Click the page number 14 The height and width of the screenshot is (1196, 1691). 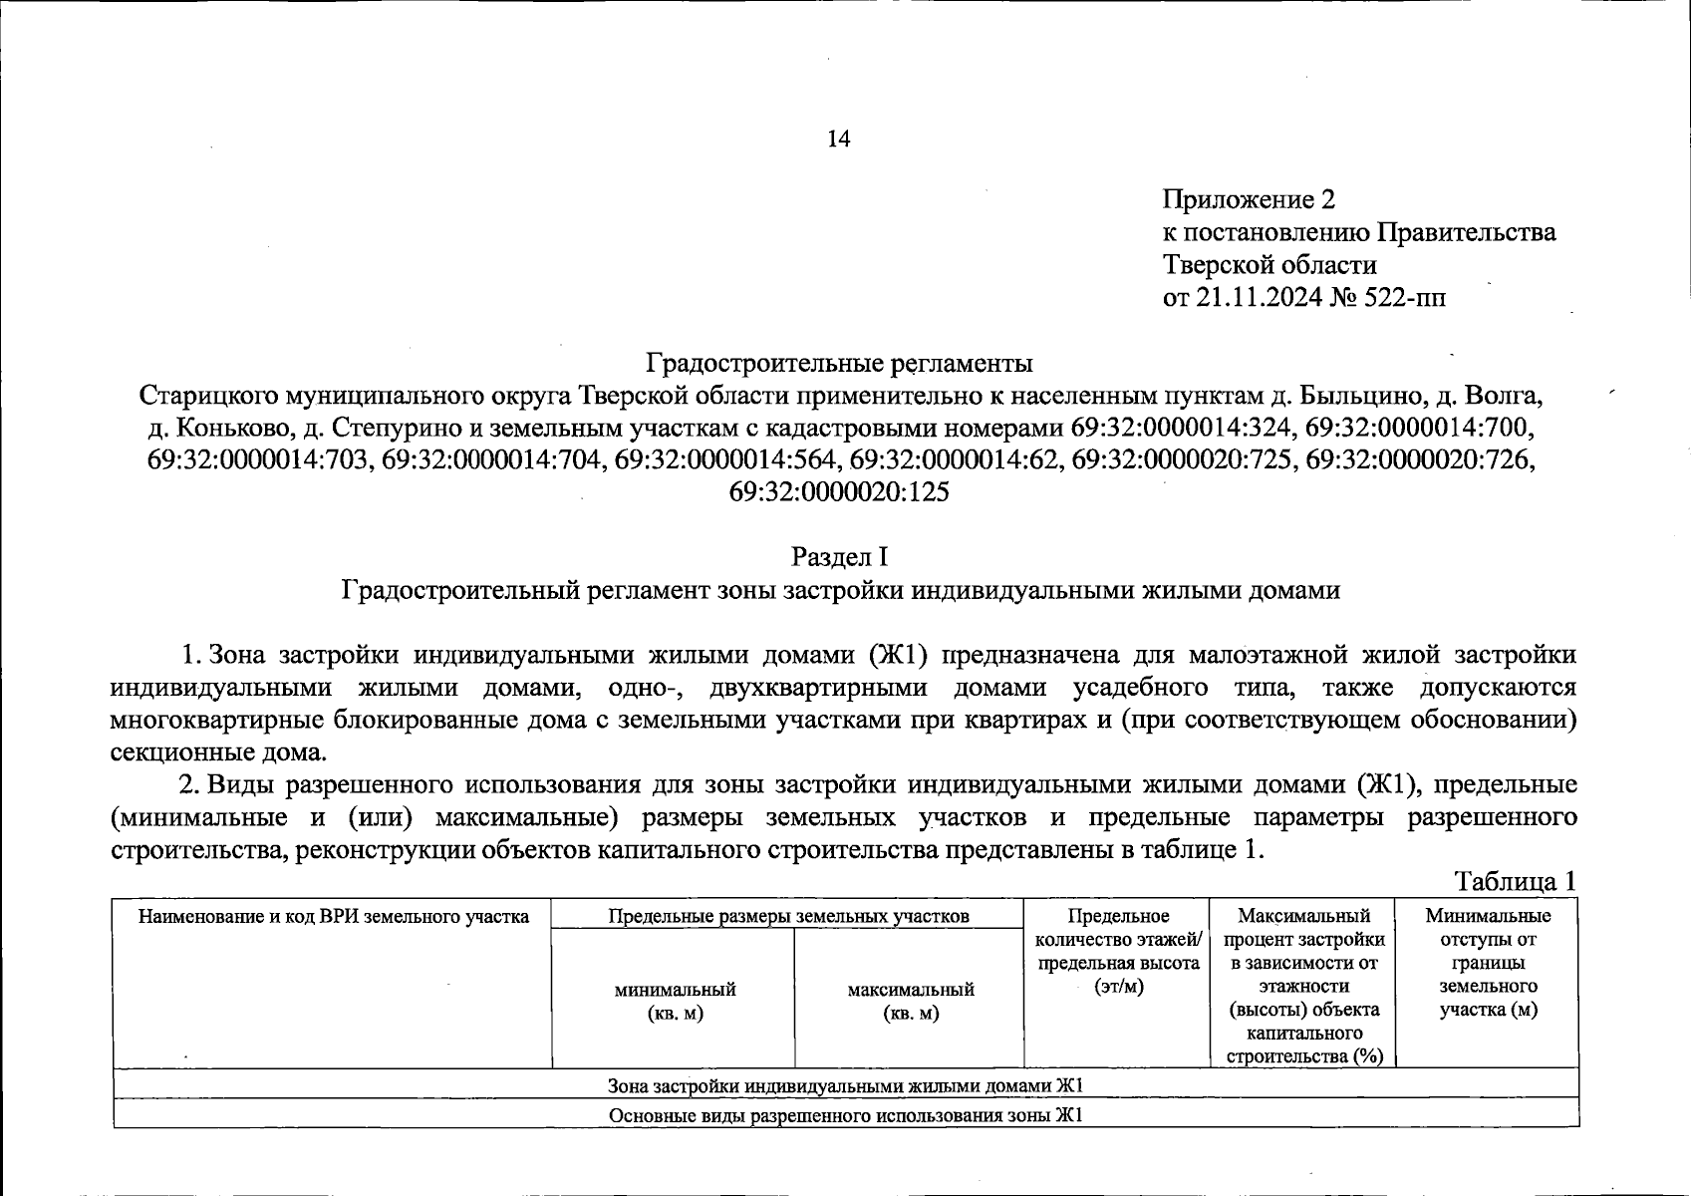(839, 140)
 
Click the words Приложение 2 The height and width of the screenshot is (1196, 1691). (1249, 200)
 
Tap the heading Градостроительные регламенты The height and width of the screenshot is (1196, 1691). (840, 362)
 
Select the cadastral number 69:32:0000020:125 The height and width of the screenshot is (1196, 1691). (839, 492)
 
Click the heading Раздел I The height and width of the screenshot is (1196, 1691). (839, 556)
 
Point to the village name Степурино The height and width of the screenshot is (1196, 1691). (390, 428)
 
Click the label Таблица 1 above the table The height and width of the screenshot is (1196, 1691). (1516, 881)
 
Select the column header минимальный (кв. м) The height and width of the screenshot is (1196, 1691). (675, 1002)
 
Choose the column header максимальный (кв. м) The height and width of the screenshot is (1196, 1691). (910, 1002)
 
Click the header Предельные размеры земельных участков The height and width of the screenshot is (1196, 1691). (788, 916)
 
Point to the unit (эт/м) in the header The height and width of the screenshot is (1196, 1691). (1117, 986)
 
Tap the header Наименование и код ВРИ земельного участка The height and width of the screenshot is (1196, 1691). (333, 916)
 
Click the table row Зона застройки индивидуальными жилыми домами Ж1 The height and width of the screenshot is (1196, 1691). (845, 1084)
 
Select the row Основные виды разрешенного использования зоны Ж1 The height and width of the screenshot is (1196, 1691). (845, 1114)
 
